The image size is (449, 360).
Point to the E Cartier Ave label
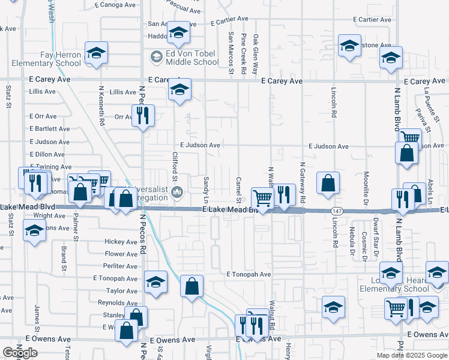[372, 20]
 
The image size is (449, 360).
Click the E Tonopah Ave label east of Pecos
[249, 274]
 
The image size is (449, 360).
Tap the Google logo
[20, 353]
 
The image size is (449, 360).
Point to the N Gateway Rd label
[303, 183]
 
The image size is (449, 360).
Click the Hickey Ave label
[121, 242]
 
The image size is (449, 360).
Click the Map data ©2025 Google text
[412, 355]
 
